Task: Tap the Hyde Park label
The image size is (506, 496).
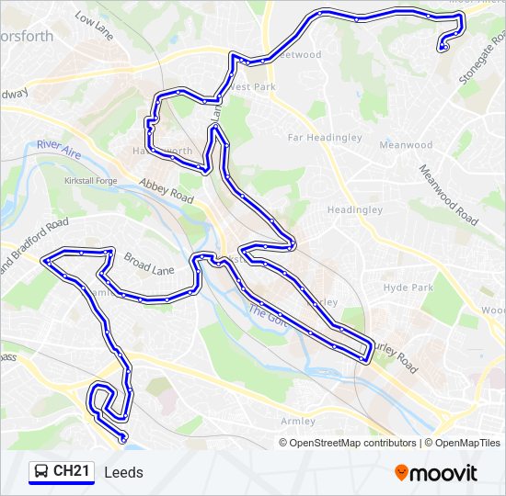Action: click(x=408, y=287)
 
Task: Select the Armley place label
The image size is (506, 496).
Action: click(x=298, y=421)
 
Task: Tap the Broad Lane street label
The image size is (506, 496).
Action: click(x=149, y=265)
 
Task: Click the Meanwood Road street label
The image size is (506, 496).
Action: click(x=448, y=195)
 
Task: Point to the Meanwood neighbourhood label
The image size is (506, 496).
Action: click(x=406, y=145)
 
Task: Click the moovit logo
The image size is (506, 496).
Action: click(x=436, y=473)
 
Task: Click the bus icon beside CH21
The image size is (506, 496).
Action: click(x=41, y=472)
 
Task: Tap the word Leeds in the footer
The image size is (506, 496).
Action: click(x=124, y=473)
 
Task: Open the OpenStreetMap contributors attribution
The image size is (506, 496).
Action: click(x=352, y=443)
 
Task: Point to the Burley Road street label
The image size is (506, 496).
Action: click(x=395, y=354)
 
